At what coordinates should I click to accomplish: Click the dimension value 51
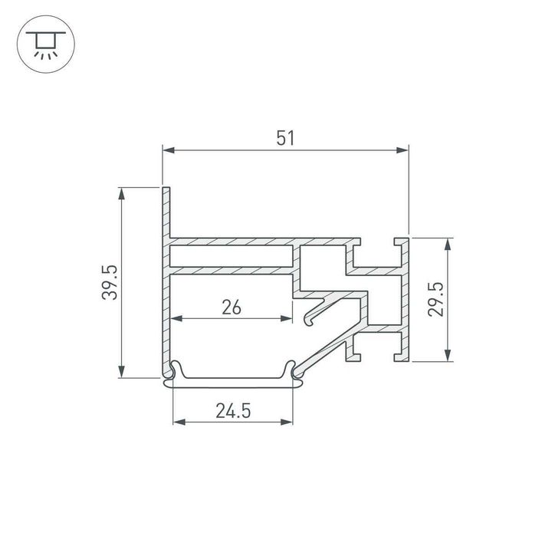285,137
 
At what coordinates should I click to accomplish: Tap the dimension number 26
232,307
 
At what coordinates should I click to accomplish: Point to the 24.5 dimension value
233,411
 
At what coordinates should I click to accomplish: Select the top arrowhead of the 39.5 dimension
121,192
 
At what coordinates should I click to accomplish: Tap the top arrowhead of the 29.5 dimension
449,243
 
